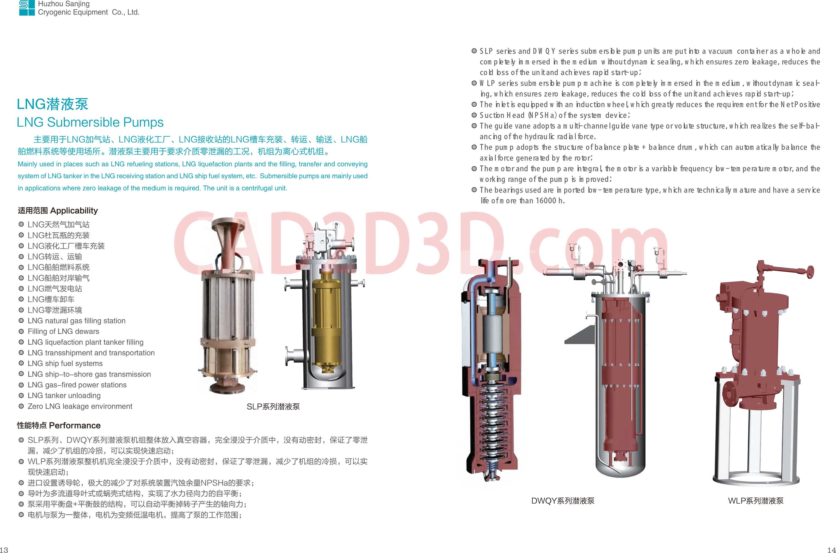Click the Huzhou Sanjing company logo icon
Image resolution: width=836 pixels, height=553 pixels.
tap(27, 8)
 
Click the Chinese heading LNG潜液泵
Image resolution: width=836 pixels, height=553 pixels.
tap(53, 104)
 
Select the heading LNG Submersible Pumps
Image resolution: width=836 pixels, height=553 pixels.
tap(90, 122)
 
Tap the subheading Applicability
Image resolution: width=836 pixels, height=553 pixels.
tap(74, 211)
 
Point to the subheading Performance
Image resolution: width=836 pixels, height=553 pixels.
tap(75, 425)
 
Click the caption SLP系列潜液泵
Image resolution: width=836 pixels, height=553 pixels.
tap(273, 407)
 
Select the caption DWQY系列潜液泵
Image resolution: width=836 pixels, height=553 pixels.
tap(563, 501)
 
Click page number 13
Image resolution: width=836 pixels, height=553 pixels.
tap(4, 549)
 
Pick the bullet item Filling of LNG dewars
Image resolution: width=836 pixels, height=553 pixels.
tap(64, 332)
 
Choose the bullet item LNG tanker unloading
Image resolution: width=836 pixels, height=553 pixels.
tap(64, 396)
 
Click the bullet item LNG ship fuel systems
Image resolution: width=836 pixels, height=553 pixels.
tap(65, 364)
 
